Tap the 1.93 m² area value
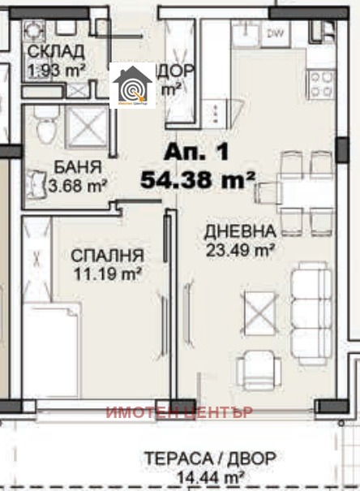(x=57, y=71)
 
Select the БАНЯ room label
(x=78, y=168)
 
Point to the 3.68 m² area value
(x=81, y=185)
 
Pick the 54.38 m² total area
(x=198, y=179)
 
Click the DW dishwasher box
(x=276, y=35)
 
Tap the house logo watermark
(x=132, y=85)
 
